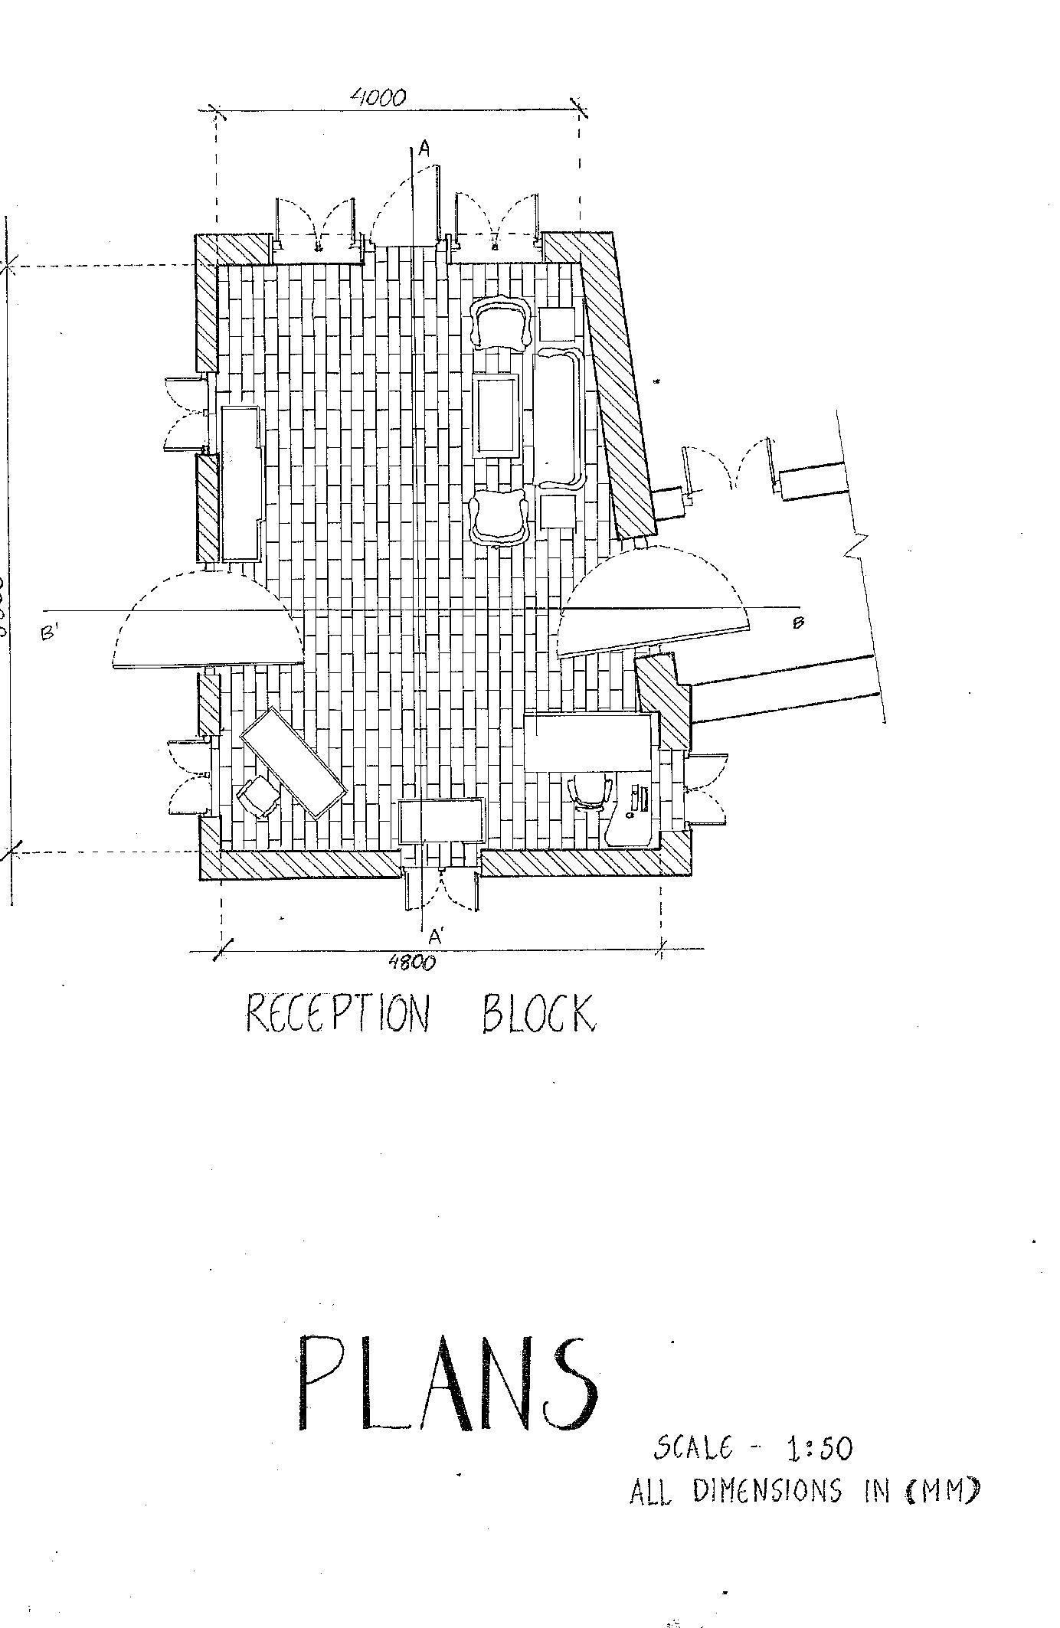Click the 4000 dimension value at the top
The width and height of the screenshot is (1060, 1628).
pos(378,97)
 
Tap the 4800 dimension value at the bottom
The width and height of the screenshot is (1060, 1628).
pos(412,963)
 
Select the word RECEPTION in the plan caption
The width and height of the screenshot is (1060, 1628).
pos(337,1014)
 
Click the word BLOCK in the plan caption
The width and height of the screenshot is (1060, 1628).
pos(538,1014)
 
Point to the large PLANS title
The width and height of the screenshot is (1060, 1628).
pos(447,1385)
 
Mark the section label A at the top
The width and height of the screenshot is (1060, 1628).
pos(424,149)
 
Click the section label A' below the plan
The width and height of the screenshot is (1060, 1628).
pos(435,936)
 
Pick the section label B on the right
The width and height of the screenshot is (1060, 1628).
pos(798,622)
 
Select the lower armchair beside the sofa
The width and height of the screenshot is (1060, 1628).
pos(499,518)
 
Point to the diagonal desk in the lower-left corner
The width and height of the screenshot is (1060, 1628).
pos(293,763)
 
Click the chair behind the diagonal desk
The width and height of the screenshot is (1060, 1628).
pos(258,796)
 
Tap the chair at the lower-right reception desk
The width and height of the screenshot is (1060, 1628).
pos(590,791)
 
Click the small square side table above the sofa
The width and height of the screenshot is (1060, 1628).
pos(557,325)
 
